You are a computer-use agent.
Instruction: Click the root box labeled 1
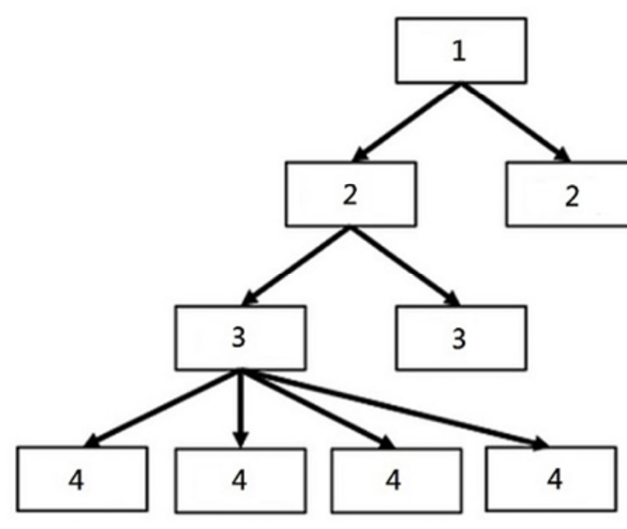pos(461,51)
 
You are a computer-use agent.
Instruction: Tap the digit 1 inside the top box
pos(458,51)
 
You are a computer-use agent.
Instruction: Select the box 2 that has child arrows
pos(350,194)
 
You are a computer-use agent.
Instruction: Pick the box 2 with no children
pos(567,194)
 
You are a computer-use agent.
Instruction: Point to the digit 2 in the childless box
pos(572,196)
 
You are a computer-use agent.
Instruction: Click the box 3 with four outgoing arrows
pos(241,337)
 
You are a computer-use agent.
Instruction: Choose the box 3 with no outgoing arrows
pos(461,337)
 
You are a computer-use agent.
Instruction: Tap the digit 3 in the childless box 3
pos(458,339)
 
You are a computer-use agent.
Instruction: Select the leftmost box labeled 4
pos(82,478)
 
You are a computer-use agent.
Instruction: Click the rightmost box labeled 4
pos(551,478)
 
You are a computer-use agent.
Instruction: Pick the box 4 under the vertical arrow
pos(241,480)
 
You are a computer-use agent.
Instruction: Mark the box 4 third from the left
pos(396,480)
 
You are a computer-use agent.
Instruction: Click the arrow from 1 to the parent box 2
pos(407,122)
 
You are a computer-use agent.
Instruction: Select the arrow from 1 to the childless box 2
pos(515,122)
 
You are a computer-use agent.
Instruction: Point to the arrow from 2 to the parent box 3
pos(296,266)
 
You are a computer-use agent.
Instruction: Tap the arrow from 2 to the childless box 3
pos(405,266)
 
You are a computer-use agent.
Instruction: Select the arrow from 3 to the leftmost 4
pos(162,408)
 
